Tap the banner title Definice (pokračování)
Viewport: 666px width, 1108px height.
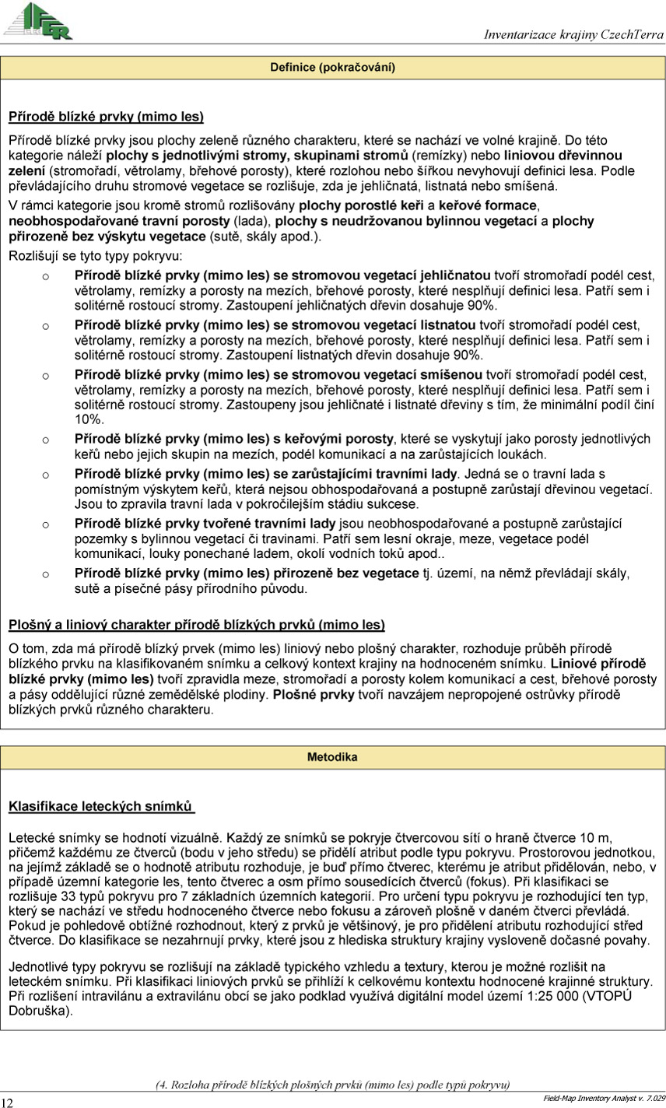(332, 68)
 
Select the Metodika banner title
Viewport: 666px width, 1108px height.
(332, 756)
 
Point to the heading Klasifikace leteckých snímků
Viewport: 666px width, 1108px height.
(101, 807)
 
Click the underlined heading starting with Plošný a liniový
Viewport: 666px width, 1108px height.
(196, 624)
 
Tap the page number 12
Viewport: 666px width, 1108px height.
(7, 1102)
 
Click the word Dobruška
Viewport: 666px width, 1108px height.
(38, 1011)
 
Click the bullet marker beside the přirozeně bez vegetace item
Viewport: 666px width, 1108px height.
(45, 574)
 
